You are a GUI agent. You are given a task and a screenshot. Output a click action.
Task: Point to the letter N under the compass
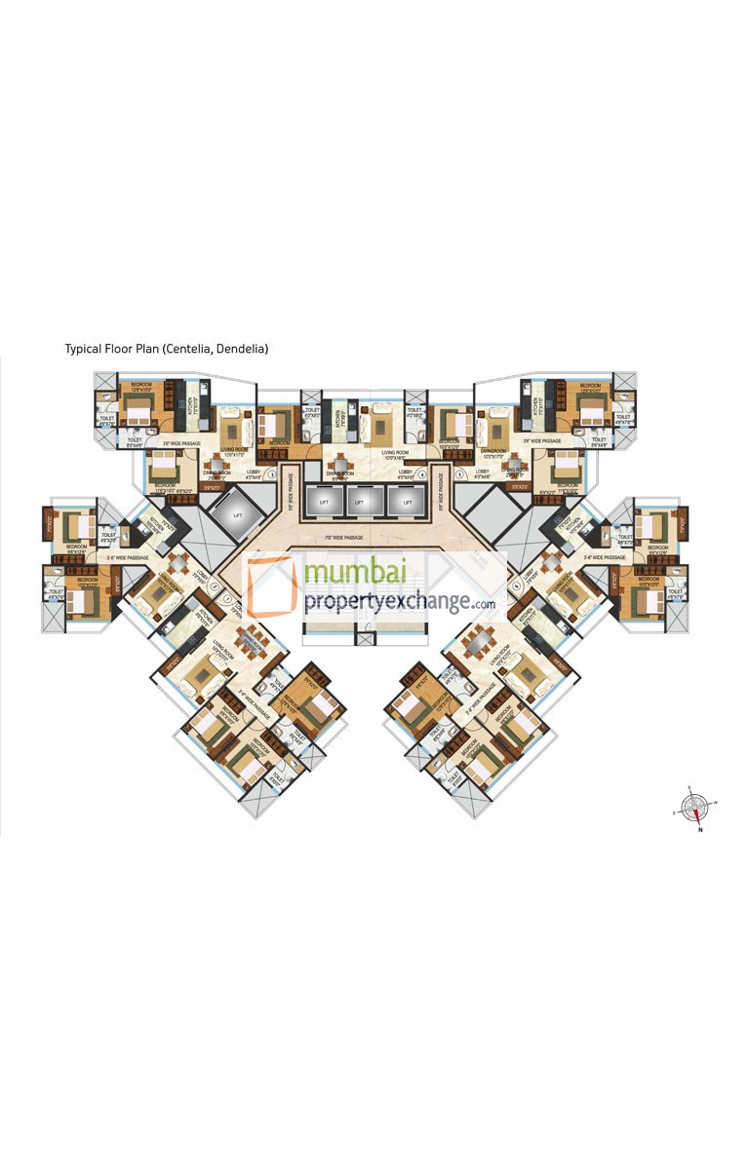pos(699,831)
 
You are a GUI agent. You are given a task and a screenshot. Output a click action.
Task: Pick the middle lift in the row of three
pos(359,501)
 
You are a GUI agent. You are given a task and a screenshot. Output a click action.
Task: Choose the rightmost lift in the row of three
pos(400,501)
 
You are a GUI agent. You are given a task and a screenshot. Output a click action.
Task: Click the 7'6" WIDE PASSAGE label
pos(359,537)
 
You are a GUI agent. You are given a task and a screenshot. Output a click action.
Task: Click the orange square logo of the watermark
pos(271,586)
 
